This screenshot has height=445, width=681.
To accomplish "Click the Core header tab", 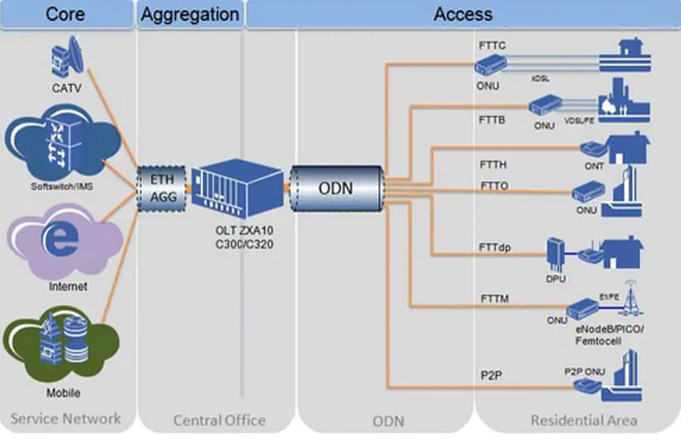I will point(65,14).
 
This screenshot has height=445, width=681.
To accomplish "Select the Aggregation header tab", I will point(190,14).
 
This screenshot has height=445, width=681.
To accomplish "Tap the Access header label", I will point(462,14).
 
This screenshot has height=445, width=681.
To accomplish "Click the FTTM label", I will point(493,299).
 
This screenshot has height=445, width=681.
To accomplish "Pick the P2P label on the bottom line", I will point(489,374).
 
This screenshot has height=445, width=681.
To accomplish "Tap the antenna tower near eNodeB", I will point(630,298).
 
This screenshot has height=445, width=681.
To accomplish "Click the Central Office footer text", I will point(219,419).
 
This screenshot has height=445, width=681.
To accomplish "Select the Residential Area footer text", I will point(583,419).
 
